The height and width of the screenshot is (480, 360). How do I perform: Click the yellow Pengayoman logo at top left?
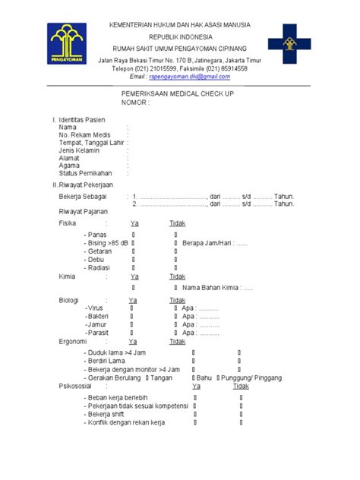pos(68,43)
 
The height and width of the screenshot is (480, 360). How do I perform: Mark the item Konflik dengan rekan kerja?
pos(126,422)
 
